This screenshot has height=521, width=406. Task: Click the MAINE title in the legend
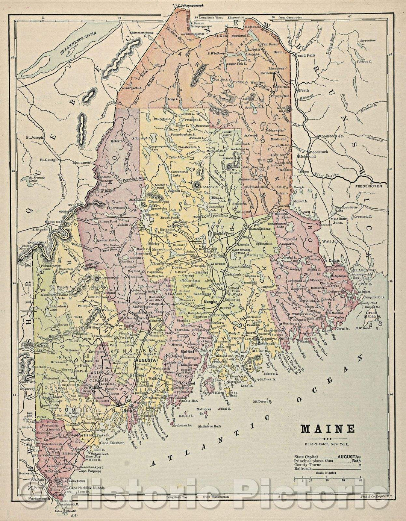click(x=327, y=429)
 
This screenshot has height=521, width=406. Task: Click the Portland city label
click(x=85, y=435)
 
